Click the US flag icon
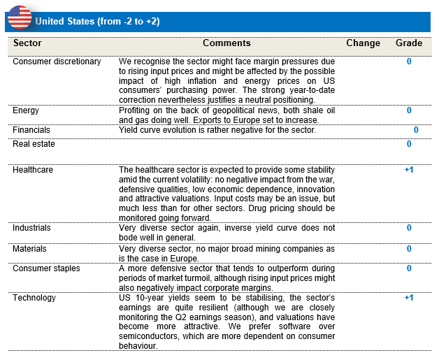point(20,16)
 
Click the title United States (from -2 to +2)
point(97,21)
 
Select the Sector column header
point(27,43)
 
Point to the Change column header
point(363,43)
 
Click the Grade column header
point(409,43)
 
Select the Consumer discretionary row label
point(57,62)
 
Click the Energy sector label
point(26,110)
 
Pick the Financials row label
point(31,130)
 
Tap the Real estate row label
point(34,144)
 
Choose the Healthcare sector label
point(33,170)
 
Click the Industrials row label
point(31,228)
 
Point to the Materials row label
point(30,249)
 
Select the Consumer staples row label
point(46,268)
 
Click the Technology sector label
point(34,298)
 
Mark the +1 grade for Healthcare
point(409,170)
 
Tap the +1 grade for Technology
point(409,298)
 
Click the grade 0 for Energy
point(409,110)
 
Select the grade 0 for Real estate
point(409,144)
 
